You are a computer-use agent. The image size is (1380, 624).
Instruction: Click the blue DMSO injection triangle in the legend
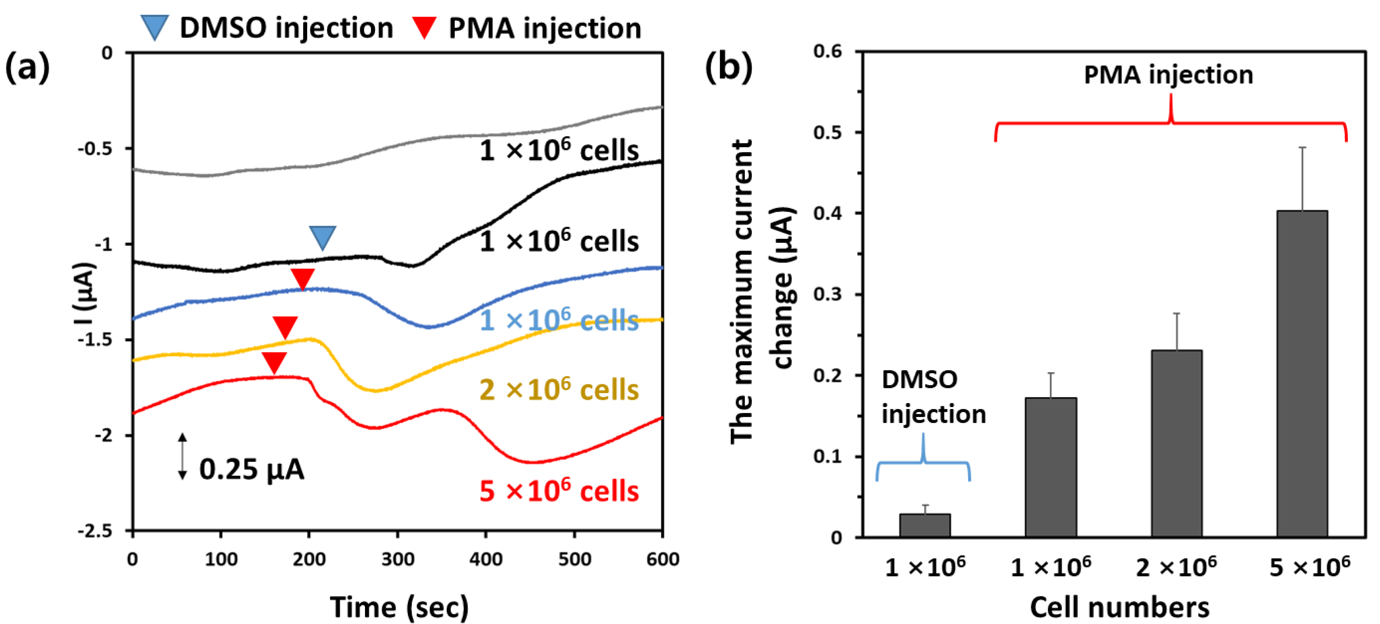coord(154,27)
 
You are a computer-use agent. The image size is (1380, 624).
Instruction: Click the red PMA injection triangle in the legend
coord(424,27)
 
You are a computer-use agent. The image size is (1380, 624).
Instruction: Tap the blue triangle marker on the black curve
coord(323,237)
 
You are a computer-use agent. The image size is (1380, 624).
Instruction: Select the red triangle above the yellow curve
coord(285,326)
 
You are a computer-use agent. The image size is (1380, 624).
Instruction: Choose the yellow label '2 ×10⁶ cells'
coord(559,390)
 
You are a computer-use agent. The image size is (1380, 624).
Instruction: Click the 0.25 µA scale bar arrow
coord(183,456)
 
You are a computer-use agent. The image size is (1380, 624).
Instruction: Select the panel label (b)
coord(728,67)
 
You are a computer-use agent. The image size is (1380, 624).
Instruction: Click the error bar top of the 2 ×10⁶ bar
coord(1176,314)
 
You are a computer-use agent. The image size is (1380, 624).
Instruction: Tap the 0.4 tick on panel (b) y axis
coord(827,213)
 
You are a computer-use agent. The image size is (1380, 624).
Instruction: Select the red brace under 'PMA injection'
coord(1171,123)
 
